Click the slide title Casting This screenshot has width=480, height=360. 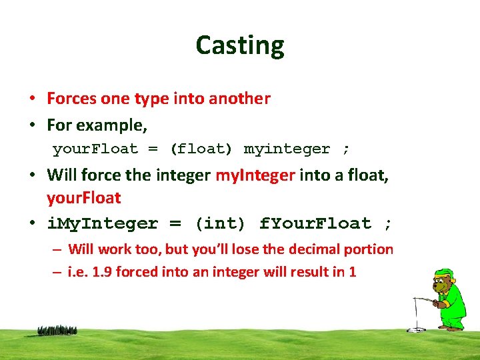(240, 45)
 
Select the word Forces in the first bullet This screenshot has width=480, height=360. (72, 99)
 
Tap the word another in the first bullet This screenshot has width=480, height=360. (239, 99)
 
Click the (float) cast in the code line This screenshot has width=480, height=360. (200, 149)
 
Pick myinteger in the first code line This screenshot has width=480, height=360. (287, 149)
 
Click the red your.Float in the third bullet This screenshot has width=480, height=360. (83, 198)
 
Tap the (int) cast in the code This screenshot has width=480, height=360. (219, 223)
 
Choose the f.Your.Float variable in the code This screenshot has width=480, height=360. (315, 223)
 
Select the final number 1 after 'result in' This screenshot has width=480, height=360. (353, 272)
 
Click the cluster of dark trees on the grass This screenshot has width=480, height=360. (57, 330)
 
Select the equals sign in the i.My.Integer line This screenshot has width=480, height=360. (175, 223)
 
